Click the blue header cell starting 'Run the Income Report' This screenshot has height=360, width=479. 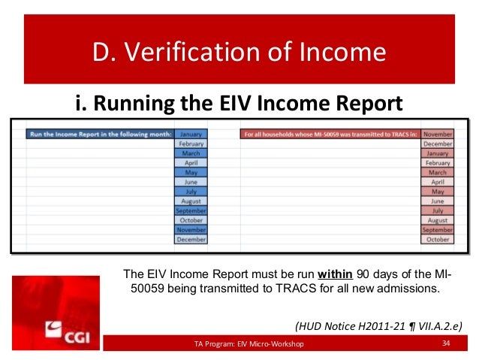97,135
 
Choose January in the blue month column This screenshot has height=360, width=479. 191,135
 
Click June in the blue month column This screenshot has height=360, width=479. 191,181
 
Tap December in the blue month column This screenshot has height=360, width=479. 191,239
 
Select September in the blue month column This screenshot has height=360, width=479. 191,210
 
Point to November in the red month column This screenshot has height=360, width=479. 437,135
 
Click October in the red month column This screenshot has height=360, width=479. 437,239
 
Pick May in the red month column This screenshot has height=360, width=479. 437,191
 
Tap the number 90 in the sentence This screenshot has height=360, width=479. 362,273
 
